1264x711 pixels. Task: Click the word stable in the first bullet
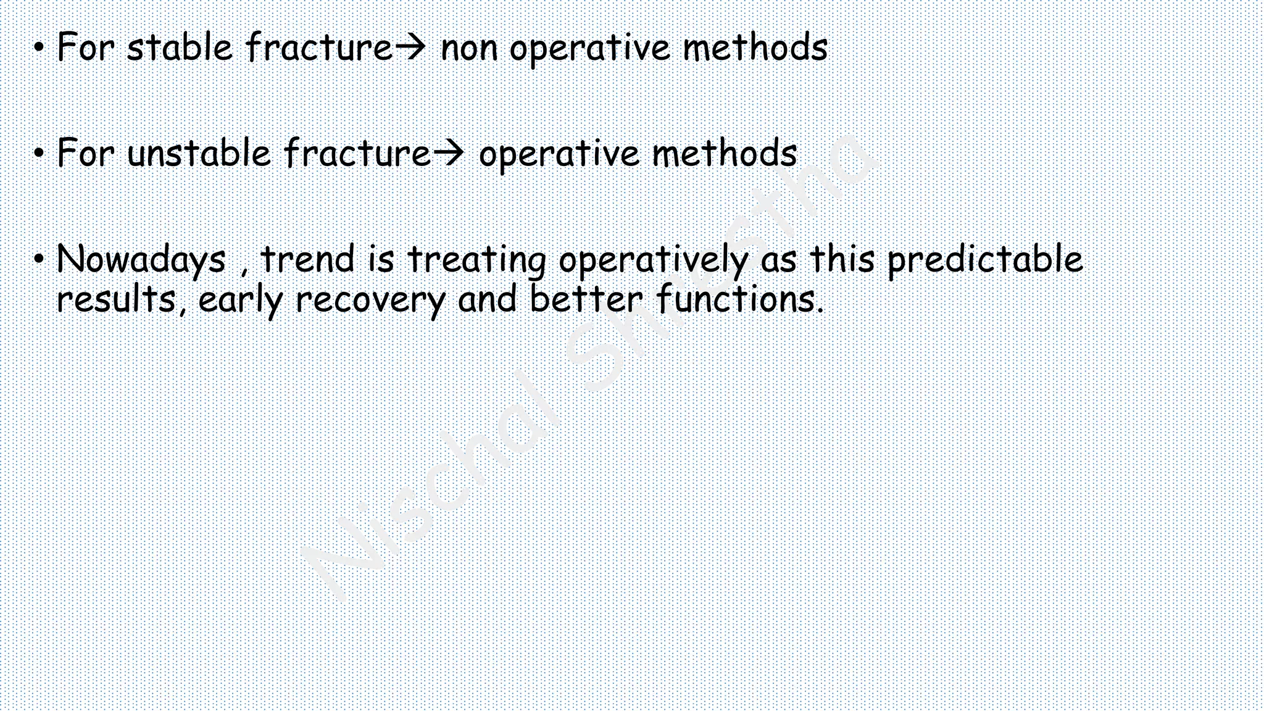pyautogui.click(x=180, y=48)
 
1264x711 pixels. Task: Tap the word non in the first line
pyautogui.click(x=469, y=49)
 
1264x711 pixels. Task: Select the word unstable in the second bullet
pyautogui.click(x=199, y=154)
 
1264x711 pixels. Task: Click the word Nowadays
pyautogui.click(x=141, y=259)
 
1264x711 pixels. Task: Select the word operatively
pyautogui.click(x=653, y=260)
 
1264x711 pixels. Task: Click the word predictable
pyautogui.click(x=985, y=259)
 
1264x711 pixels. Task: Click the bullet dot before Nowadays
pyautogui.click(x=39, y=259)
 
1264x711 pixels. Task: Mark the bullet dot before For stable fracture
pyautogui.click(x=39, y=48)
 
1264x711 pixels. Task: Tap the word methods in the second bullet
pyautogui.click(x=724, y=154)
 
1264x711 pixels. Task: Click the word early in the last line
pyautogui.click(x=241, y=301)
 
